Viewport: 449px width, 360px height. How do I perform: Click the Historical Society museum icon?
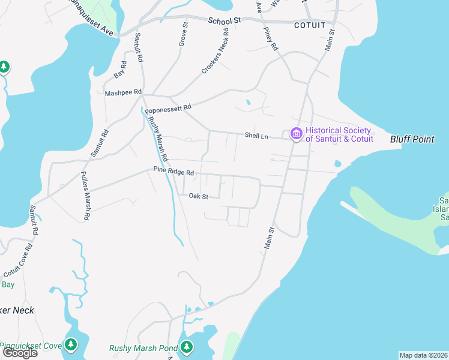click(x=296, y=134)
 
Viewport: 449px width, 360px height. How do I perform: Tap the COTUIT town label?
click(x=310, y=25)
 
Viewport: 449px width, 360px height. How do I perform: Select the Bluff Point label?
click(x=412, y=139)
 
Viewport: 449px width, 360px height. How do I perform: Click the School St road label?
click(x=224, y=20)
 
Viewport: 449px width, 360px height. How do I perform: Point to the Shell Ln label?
click(x=256, y=136)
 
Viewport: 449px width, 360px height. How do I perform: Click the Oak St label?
click(x=198, y=196)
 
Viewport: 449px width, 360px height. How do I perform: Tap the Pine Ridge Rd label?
click(x=173, y=172)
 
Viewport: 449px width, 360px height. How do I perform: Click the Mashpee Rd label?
click(x=123, y=92)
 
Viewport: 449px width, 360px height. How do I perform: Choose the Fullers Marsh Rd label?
click(x=86, y=196)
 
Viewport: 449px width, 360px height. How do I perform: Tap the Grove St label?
click(x=184, y=33)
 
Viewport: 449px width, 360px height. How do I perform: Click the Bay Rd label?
click(x=120, y=70)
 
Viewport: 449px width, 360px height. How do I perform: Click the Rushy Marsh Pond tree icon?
click(x=187, y=346)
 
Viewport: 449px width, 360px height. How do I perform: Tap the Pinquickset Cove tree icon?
click(x=71, y=344)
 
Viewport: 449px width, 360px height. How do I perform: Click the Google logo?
click(x=19, y=353)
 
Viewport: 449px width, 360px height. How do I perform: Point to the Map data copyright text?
click(x=424, y=355)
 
